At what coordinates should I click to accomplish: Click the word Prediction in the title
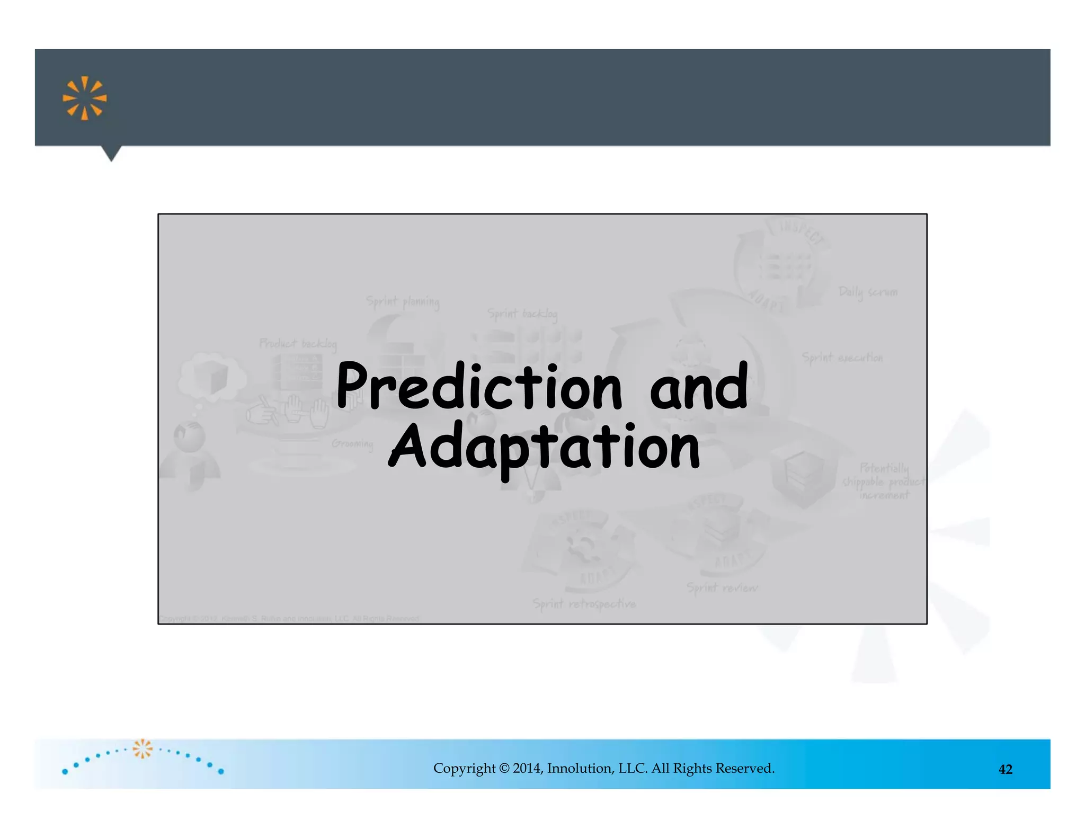(x=479, y=387)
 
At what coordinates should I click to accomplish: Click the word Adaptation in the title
(x=544, y=448)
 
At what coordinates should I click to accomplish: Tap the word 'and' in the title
(x=699, y=387)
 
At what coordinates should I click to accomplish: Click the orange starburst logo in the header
(x=85, y=98)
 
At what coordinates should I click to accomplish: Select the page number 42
(x=1005, y=770)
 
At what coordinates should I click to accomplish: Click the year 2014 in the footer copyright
(x=527, y=769)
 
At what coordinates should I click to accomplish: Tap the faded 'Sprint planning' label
(x=403, y=302)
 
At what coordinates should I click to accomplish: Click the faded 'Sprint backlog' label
(x=522, y=314)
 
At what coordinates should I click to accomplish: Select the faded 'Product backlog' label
(x=298, y=344)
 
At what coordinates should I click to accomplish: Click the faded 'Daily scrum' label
(x=868, y=292)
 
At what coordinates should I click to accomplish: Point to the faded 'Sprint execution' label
(x=842, y=358)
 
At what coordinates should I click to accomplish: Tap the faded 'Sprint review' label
(x=722, y=587)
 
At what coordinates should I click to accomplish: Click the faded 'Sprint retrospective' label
(x=584, y=604)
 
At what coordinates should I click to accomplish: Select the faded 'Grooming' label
(x=352, y=443)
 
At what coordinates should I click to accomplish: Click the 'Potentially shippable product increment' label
(x=884, y=482)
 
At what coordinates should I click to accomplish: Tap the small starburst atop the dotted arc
(x=143, y=748)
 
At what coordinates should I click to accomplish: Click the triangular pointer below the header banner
(x=111, y=153)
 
